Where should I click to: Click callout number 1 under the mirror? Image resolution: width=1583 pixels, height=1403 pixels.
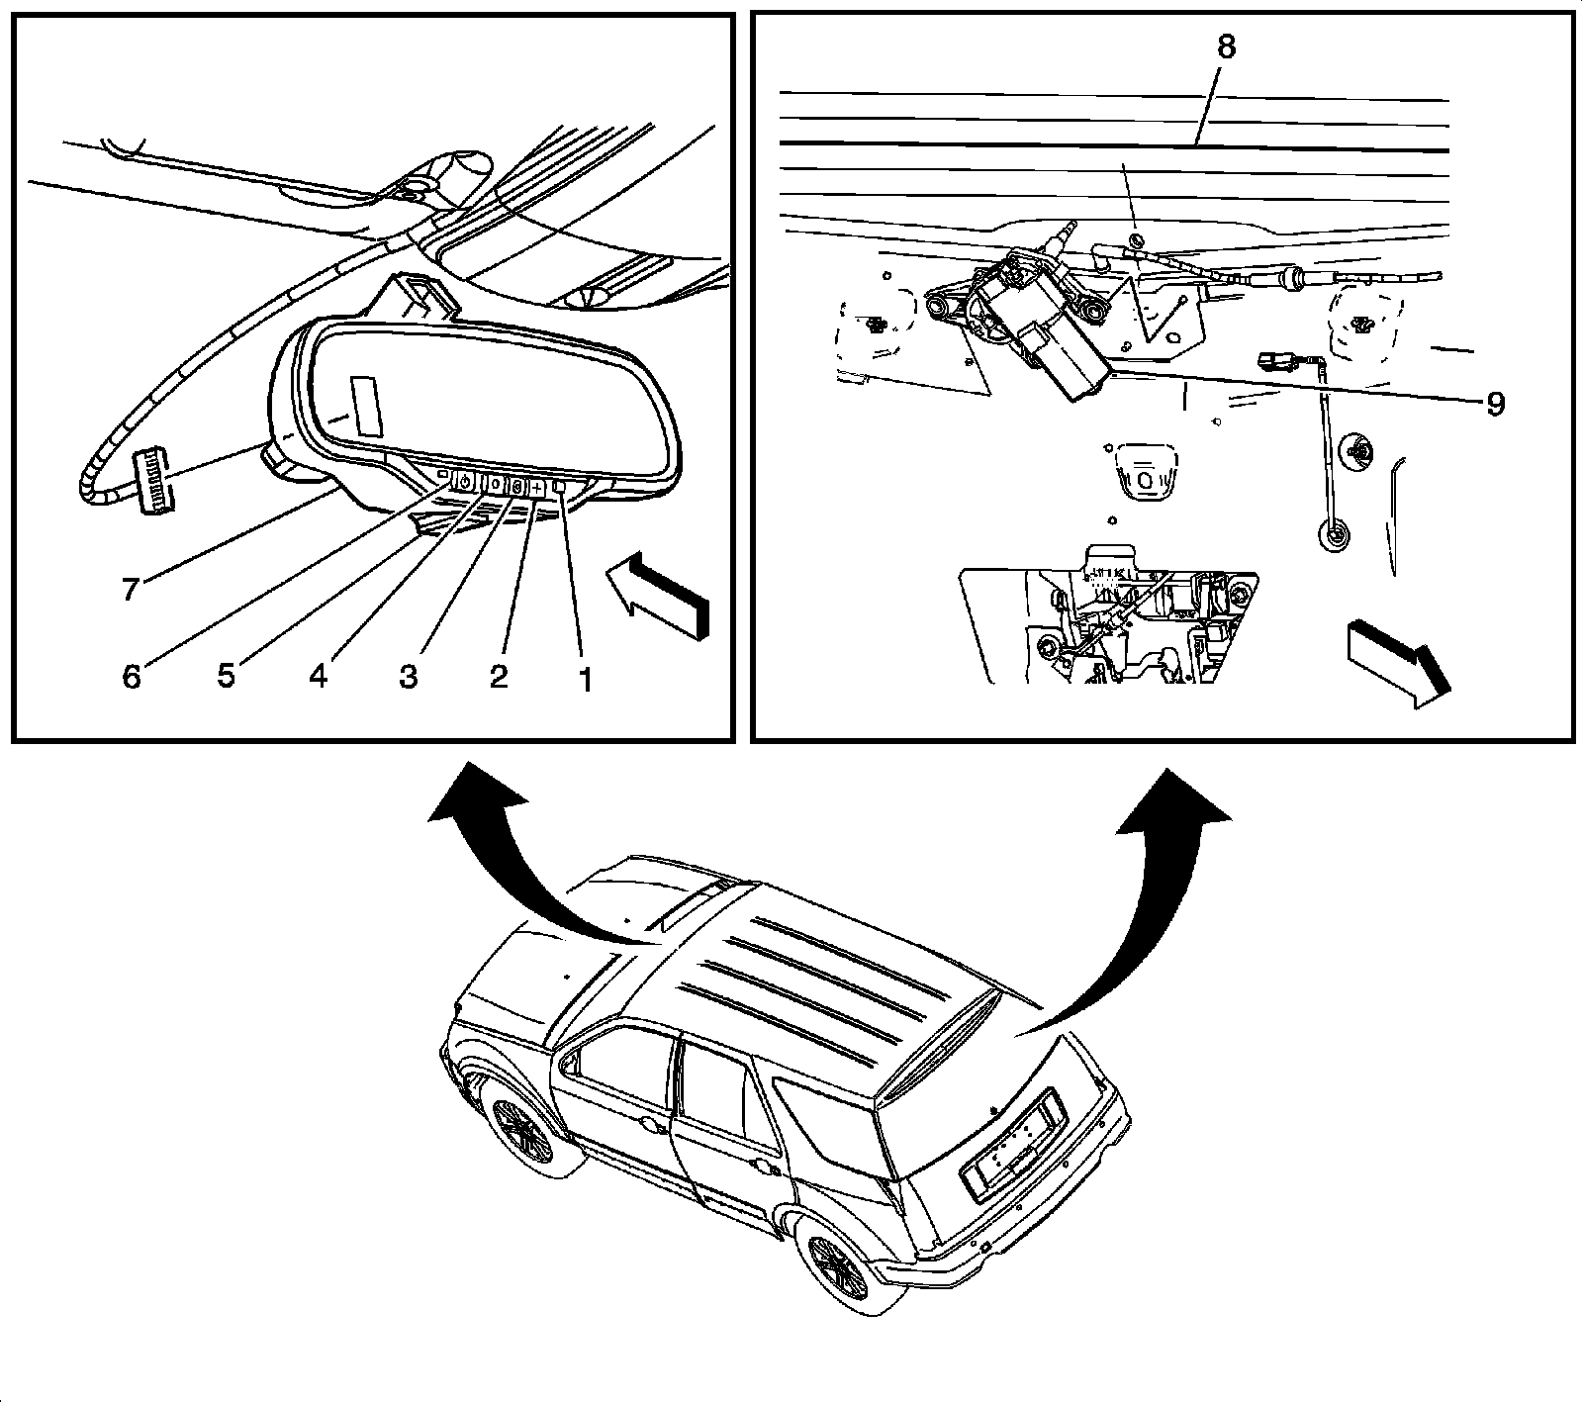click(x=585, y=680)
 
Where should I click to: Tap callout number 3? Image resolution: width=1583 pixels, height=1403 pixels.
click(x=408, y=678)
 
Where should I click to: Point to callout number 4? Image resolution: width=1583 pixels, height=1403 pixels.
click(x=318, y=677)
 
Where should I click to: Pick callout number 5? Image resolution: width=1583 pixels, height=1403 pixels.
click(x=227, y=677)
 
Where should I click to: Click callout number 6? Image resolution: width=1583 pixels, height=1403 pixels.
click(x=132, y=677)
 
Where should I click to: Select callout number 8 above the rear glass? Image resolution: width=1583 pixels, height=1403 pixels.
click(x=1226, y=47)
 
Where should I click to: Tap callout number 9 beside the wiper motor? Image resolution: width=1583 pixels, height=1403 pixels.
click(x=1495, y=403)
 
